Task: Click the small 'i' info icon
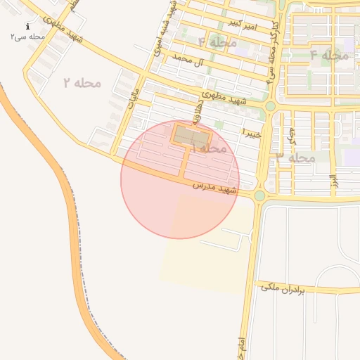pos(28,26)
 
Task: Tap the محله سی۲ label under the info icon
pos(28,36)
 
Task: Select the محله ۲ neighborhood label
pos(82,83)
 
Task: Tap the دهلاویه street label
pos(203,111)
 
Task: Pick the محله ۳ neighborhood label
pos(295,157)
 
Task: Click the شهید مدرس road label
pos(215,188)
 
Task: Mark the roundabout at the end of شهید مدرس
pos(259,195)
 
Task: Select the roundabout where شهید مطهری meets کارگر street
pos(270,106)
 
